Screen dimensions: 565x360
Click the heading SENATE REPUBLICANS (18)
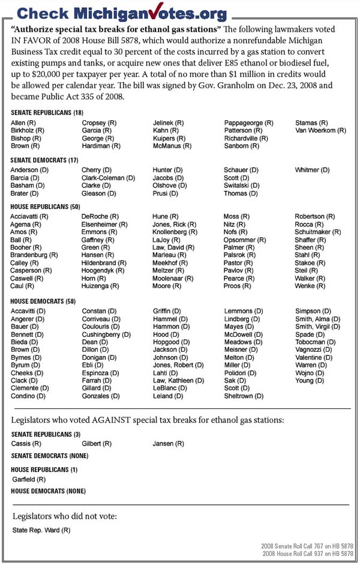coord(46,113)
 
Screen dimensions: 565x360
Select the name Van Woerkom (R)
coord(320,130)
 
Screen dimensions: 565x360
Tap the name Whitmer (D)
coord(312,171)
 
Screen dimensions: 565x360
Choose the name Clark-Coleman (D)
coord(109,178)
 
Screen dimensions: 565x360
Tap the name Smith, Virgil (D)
coord(317,327)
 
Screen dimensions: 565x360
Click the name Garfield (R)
coord(29,480)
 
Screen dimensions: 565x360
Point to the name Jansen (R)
coord(169,444)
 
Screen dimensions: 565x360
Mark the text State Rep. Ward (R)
coord(41,530)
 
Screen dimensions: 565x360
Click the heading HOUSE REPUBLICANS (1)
coord(44,469)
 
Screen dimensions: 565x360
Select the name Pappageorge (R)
coord(248,122)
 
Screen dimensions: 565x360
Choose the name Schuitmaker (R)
coord(318,232)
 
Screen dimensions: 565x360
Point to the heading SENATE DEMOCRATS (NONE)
coord(49,456)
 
